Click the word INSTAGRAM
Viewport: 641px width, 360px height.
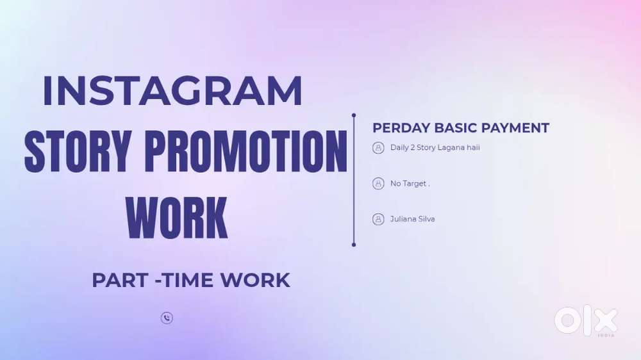(x=172, y=92)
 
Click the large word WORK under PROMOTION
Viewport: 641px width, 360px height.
(x=177, y=218)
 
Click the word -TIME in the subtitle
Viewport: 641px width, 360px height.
(x=183, y=280)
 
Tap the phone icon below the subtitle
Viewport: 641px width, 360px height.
(x=167, y=318)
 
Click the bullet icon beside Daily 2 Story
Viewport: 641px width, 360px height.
(x=378, y=148)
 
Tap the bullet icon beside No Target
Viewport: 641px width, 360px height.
(x=378, y=184)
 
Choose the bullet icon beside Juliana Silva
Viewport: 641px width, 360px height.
(x=378, y=219)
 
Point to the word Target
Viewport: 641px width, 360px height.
(x=414, y=184)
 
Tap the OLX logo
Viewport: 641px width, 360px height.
(x=585, y=321)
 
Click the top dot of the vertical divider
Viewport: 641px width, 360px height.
(x=353, y=115)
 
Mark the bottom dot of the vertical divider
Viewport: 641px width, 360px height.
(x=353, y=244)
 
